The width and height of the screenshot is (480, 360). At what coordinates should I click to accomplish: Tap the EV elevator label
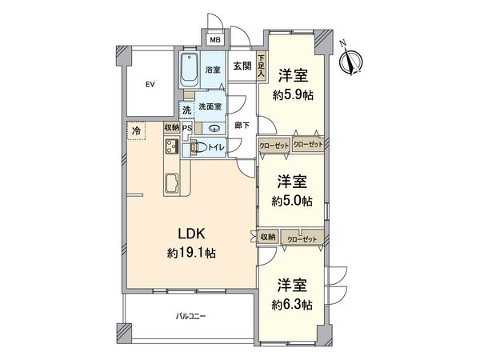pyautogui.click(x=149, y=84)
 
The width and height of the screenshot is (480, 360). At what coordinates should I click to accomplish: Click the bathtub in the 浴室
pyautogui.click(x=190, y=70)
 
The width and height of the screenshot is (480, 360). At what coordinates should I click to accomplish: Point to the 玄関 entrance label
pyautogui.click(x=242, y=66)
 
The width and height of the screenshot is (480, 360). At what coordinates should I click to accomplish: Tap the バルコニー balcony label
pyautogui.click(x=191, y=318)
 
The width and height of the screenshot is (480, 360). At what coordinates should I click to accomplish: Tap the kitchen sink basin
pyautogui.click(x=172, y=185)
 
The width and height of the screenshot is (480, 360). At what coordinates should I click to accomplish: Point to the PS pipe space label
pyautogui.click(x=186, y=128)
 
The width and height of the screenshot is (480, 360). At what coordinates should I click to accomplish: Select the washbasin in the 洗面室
pyautogui.click(x=214, y=128)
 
